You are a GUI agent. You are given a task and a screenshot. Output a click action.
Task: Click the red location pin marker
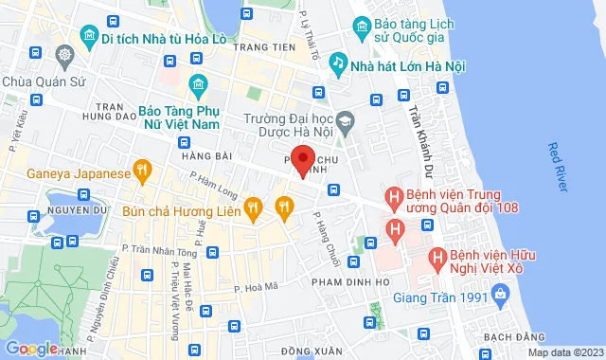301,161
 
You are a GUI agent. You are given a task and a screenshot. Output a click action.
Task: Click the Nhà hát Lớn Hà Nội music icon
337,62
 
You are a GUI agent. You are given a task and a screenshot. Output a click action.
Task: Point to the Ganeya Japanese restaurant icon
143,172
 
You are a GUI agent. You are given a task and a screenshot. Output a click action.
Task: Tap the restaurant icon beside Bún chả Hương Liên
253,206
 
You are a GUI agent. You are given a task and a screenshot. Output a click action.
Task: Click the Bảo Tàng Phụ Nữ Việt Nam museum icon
197,85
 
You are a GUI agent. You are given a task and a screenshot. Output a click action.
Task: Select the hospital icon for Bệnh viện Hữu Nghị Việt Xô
437,257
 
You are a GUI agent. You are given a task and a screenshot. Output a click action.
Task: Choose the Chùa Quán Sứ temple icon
64,55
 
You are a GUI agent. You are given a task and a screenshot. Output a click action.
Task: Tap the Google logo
31,349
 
